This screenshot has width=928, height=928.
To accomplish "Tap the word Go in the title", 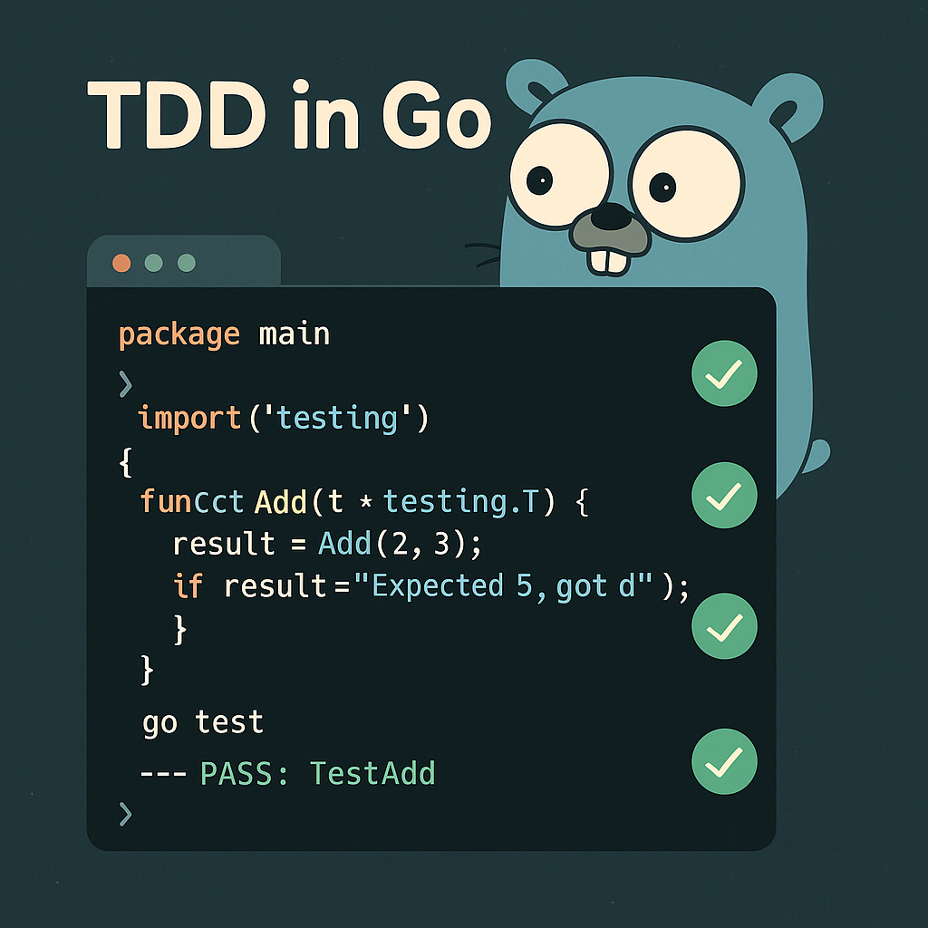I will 436,119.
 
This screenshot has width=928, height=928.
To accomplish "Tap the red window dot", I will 121,263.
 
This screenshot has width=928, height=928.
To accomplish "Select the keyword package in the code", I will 179,335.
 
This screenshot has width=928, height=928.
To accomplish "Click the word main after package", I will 295,334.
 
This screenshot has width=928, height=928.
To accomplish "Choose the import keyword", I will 189,419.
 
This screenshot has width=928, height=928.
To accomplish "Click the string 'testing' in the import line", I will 336,419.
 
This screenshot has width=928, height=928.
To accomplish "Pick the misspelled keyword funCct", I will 192,501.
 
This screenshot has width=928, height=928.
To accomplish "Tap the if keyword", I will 188,586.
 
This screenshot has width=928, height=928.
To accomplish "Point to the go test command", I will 203,722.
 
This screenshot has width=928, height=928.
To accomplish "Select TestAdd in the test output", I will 372,773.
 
